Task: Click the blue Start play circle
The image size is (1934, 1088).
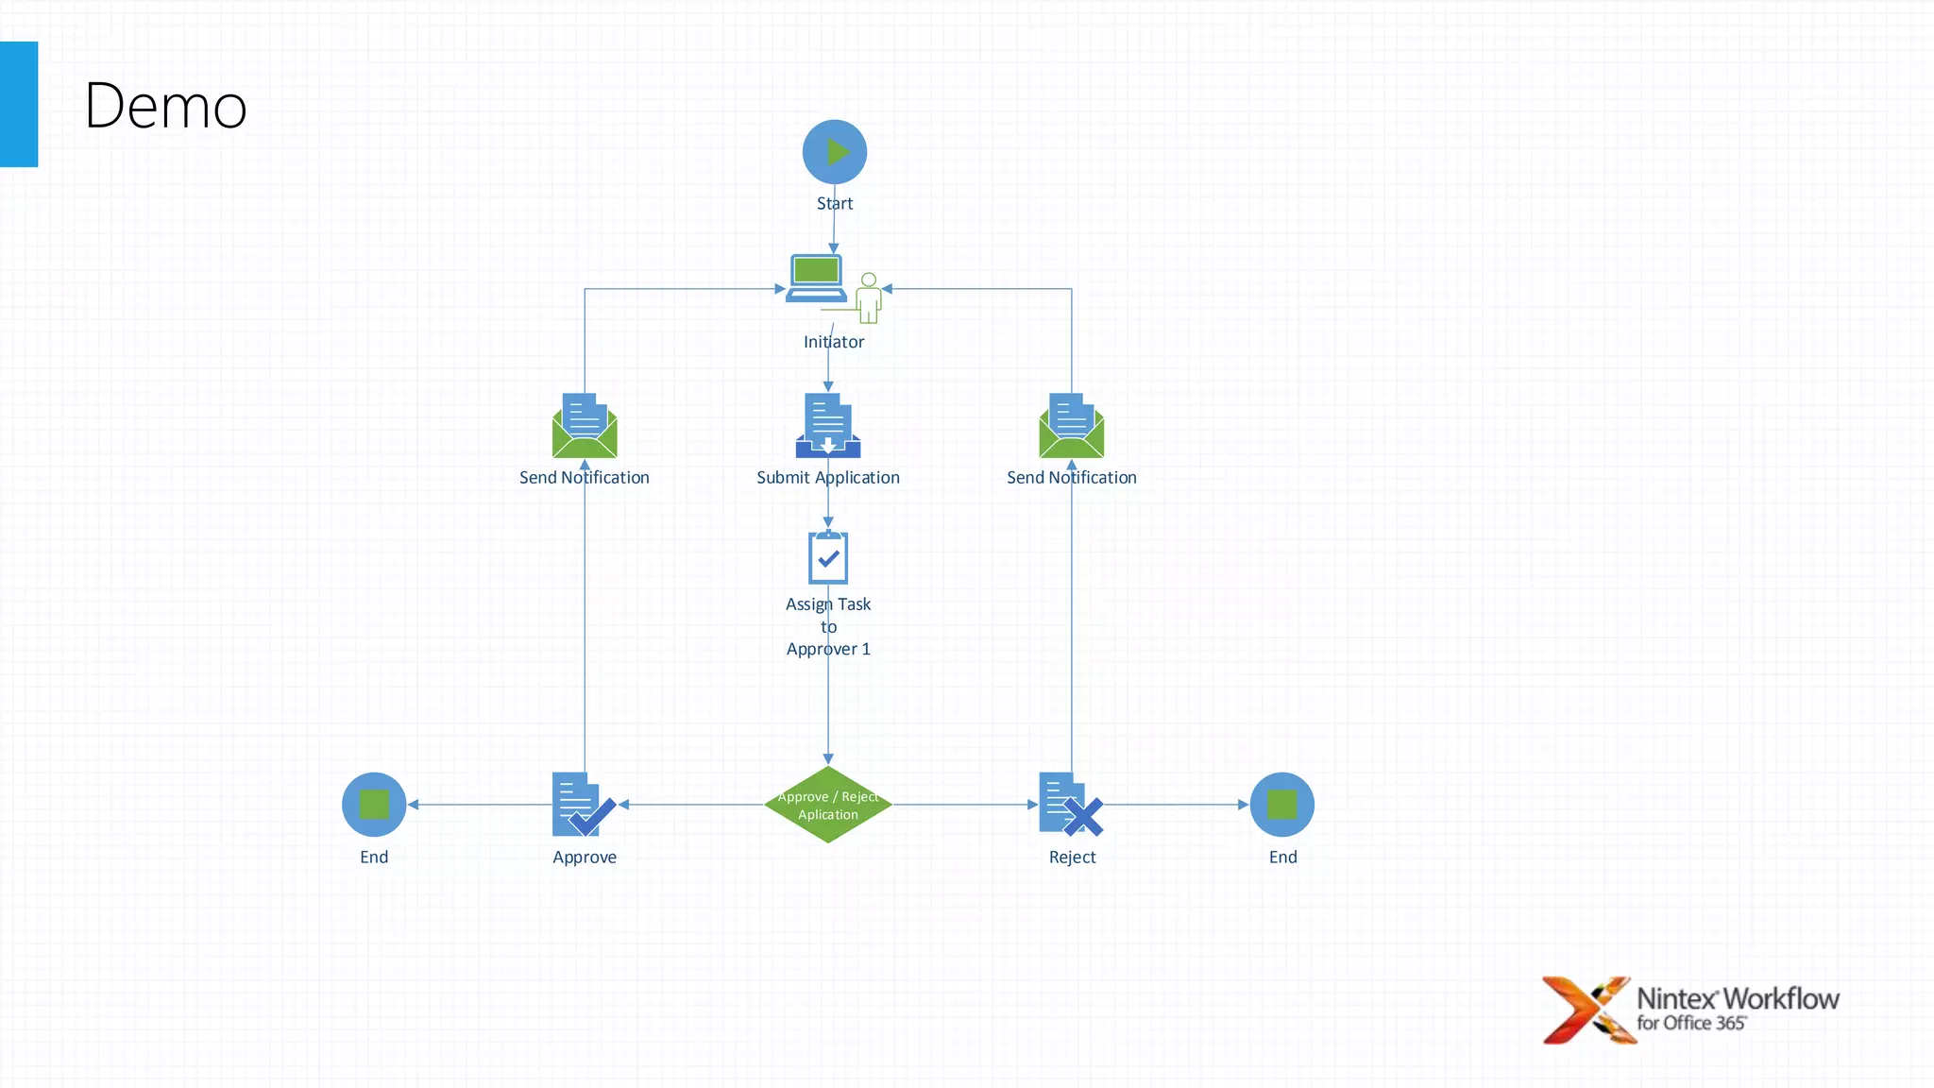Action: pos(835,152)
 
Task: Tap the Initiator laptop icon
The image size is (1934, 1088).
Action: pos(816,278)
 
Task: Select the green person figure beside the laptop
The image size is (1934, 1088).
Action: pos(869,298)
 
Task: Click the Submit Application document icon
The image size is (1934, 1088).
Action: pos(828,425)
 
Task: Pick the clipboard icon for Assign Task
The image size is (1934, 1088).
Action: pos(828,557)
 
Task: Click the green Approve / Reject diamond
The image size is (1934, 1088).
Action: pos(828,805)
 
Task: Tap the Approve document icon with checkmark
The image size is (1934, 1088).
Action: pos(584,805)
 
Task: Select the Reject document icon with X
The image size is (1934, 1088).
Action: pos(1071,805)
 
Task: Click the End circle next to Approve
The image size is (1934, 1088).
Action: pos(374,805)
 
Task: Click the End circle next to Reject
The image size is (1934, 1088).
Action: pos(1282,805)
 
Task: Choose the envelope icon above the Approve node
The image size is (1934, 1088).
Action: pos(585,426)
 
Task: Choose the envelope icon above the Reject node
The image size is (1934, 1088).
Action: pos(1072,426)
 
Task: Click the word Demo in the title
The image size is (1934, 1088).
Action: pos(165,106)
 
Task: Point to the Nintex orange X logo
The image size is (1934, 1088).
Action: pos(1586,1011)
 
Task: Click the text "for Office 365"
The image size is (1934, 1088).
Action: pos(1690,1024)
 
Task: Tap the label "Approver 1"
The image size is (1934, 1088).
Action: pos(828,650)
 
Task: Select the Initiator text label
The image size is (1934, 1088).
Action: pos(834,342)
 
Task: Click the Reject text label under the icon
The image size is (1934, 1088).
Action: pos(1072,858)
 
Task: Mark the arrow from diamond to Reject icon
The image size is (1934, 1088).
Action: pos(963,805)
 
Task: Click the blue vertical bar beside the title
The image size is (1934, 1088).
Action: pos(19,104)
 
